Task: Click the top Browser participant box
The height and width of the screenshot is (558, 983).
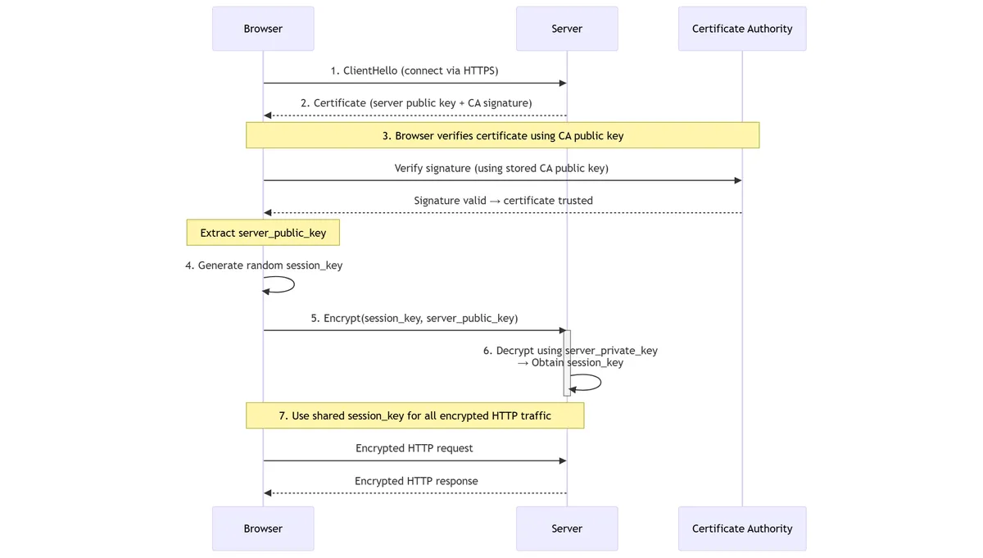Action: point(263,29)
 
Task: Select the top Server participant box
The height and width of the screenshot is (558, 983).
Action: point(567,29)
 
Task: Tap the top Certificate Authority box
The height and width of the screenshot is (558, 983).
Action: point(742,29)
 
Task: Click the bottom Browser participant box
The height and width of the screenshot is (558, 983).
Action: point(263,529)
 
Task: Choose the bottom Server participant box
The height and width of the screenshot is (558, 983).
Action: point(567,529)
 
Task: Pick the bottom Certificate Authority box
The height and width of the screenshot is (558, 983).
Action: point(742,529)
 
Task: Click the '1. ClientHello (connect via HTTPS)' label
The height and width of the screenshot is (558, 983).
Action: point(414,70)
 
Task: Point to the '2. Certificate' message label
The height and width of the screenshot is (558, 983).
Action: point(416,103)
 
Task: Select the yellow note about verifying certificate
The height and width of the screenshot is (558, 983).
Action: point(503,135)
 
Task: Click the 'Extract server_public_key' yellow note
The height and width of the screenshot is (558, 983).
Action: point(263,233)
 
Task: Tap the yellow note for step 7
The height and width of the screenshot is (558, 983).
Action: point(414,415)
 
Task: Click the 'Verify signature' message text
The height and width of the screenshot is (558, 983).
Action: point(501,168)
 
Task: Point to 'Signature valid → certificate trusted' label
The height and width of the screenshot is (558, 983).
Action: point(503,201)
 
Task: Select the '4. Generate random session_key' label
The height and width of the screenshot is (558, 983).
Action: point(264,265)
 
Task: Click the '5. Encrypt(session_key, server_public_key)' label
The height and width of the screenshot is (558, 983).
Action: point(414,318)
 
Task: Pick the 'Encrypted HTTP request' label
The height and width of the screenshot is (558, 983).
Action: point(414,448)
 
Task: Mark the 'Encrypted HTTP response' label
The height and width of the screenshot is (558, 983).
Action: point(416,481)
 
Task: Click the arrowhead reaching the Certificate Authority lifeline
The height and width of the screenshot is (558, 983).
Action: point(737,180)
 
